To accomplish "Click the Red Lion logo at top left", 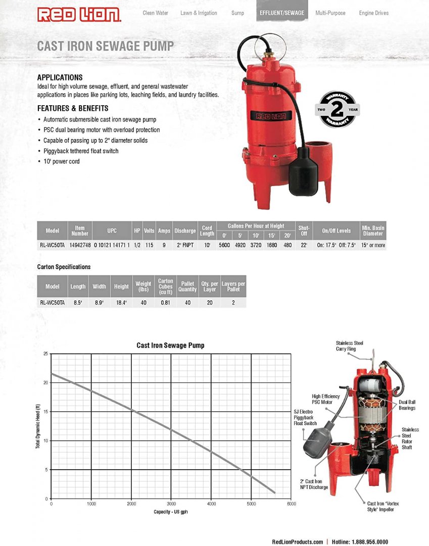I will [x=79, y=14].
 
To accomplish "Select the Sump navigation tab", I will [x=237, y=13].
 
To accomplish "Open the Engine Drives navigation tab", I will [x=373, y=13].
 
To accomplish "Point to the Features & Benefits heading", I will [x=73, y=108].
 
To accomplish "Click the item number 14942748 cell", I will [x=80, y=245].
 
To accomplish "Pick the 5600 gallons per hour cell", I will [x=224, y=245].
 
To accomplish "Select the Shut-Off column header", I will [x=304, y=231].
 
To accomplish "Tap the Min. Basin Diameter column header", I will [x=373, y=231].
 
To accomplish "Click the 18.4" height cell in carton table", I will [x=121, y=302].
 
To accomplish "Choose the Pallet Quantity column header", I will [x=187, y=287].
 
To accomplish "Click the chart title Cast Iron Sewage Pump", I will [x=171, y=346].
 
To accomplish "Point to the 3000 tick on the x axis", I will [x=171, y=504].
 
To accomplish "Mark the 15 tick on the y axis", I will [x=45, y=412].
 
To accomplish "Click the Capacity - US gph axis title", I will [x=171, y=512].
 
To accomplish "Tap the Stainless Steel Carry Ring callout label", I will [x=349, y=346].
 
